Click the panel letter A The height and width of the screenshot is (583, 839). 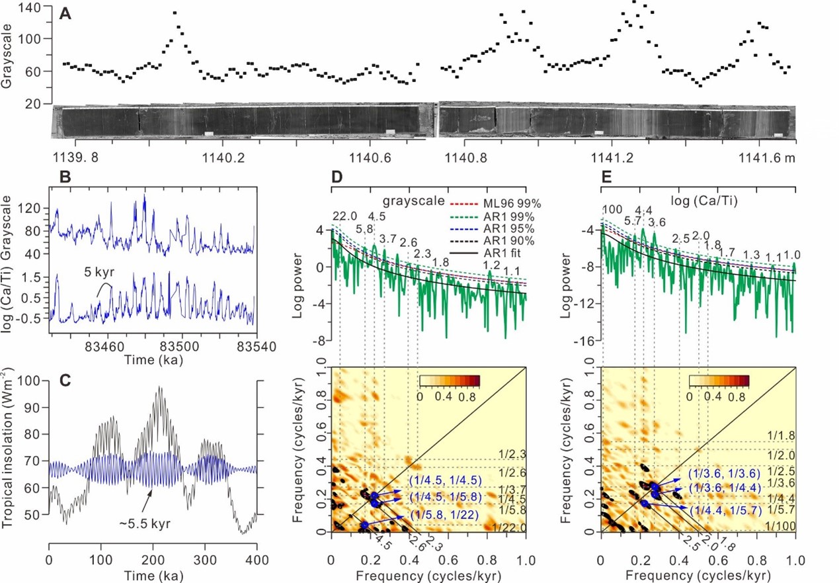[x=65, y=13]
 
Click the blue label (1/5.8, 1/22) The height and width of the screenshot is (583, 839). [x=438, y=514]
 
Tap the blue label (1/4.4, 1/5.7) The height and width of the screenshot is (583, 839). [x=726, y=511]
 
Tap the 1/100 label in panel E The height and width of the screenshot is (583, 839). [x=780, y=526]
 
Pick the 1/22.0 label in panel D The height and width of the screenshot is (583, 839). [x=509, y=527]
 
